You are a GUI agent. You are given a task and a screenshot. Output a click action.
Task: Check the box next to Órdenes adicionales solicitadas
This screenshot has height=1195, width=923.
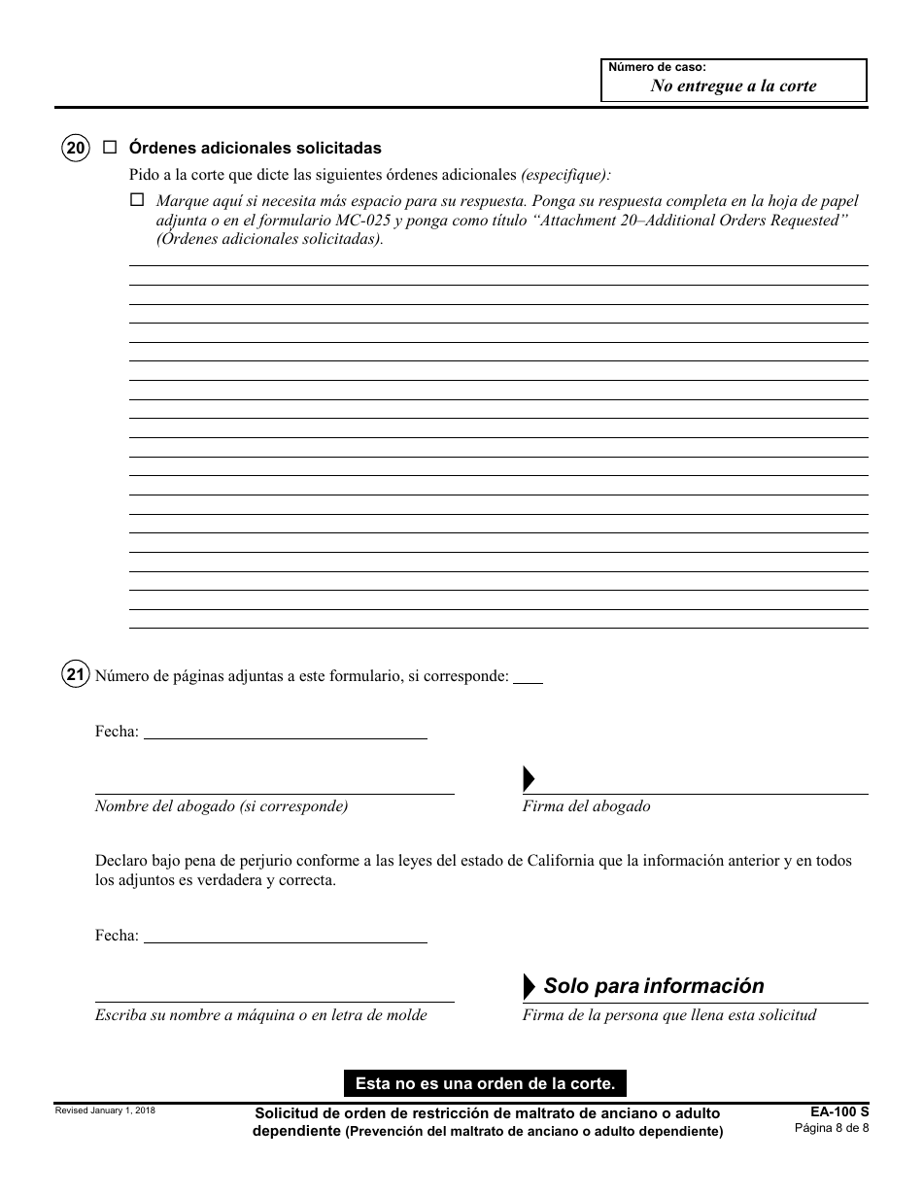coord(110,148)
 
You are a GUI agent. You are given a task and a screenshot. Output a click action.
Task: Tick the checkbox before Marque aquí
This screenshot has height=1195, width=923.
coord(136,200)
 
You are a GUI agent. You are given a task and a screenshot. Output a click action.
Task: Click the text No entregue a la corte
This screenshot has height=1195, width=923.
coord(734,85)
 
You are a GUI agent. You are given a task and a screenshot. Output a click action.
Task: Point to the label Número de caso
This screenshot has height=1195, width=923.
coord(657,67)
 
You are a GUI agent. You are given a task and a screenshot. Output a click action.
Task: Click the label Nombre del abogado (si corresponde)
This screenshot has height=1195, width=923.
coord(222,806)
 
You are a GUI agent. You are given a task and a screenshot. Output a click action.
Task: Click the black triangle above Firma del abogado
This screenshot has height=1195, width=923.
coord(530,778)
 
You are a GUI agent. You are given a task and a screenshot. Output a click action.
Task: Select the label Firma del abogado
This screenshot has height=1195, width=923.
coord(587,806)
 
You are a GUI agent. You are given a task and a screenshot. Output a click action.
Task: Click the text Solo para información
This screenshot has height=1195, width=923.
coord(654,986)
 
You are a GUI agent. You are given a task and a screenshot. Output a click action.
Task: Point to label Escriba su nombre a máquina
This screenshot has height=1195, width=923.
coord(260,1015)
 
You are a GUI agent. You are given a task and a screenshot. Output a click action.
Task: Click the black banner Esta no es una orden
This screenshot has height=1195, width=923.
coord(485,1082)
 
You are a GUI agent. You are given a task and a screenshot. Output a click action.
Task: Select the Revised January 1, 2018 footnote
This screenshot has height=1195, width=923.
coord(105,1110)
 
